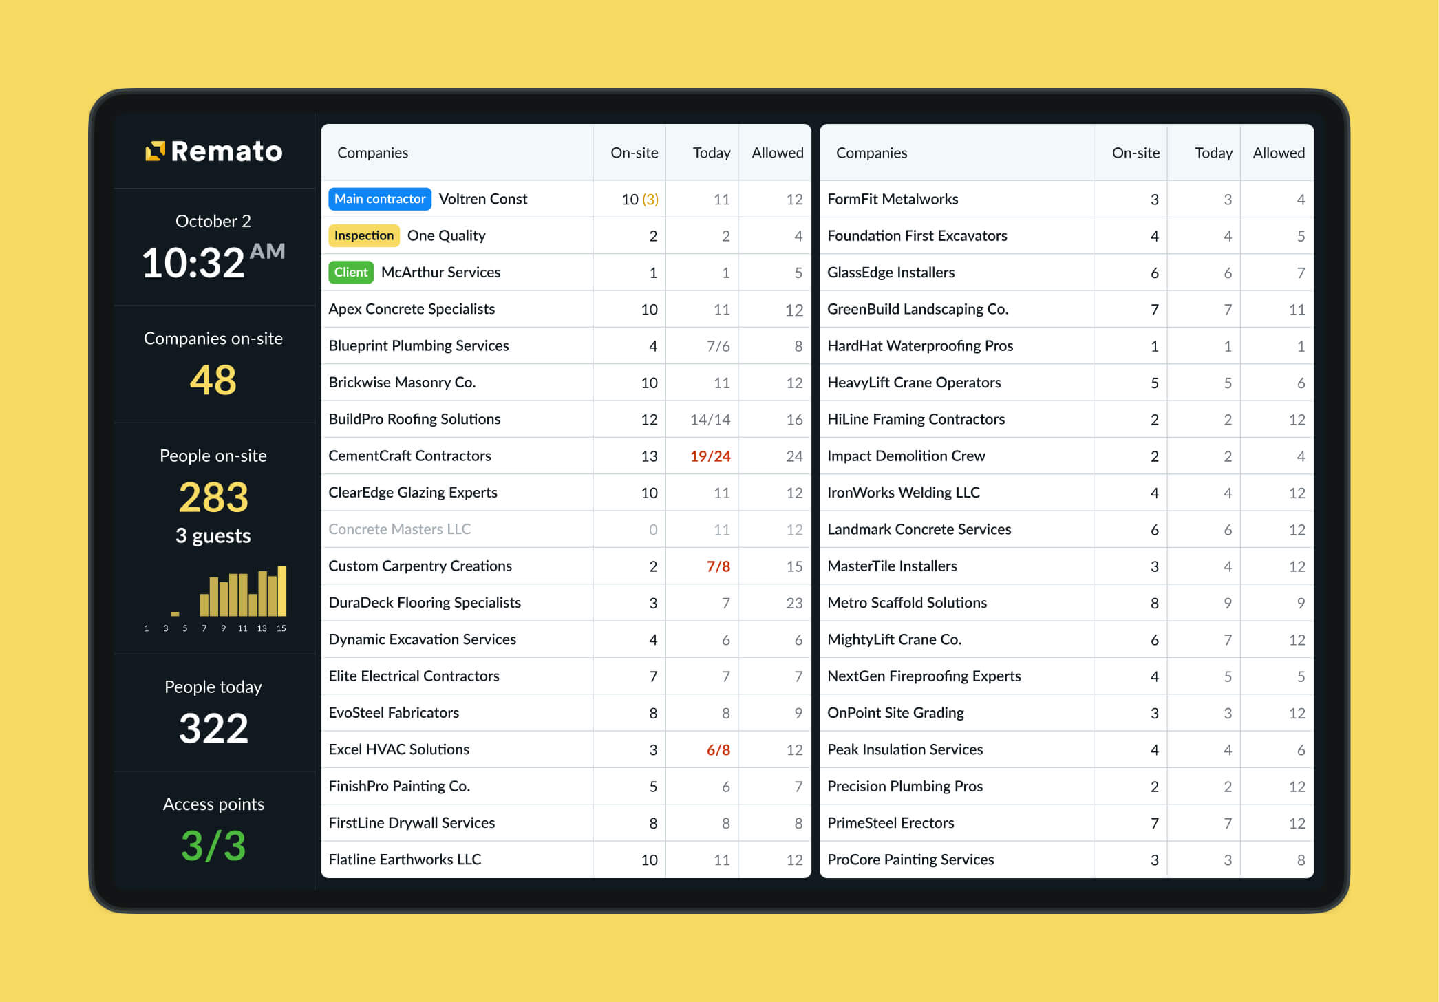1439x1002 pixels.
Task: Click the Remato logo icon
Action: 156,151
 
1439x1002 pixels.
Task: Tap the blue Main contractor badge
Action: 380,199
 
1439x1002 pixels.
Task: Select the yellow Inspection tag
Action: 363,235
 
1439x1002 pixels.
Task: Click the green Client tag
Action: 351,273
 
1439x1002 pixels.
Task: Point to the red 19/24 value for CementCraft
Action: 710,456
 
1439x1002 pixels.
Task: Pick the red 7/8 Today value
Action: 718,566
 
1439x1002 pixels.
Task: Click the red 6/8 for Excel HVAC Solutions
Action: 718,750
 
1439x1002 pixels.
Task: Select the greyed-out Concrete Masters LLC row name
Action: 400,529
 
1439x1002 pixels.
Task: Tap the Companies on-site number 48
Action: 213,380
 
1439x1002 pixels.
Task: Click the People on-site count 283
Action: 213,498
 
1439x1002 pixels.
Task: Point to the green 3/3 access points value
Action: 213,846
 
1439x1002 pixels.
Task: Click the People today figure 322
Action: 213,729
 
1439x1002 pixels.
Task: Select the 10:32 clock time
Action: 193,263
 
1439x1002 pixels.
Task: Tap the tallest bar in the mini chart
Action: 282,591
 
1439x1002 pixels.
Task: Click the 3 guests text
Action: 213,535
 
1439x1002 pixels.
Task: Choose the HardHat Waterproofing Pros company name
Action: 920,346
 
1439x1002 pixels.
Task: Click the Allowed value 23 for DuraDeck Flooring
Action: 794,604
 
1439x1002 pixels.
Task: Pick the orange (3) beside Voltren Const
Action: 650,200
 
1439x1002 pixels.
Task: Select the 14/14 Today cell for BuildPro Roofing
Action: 710,420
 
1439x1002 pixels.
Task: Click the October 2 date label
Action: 213,221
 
